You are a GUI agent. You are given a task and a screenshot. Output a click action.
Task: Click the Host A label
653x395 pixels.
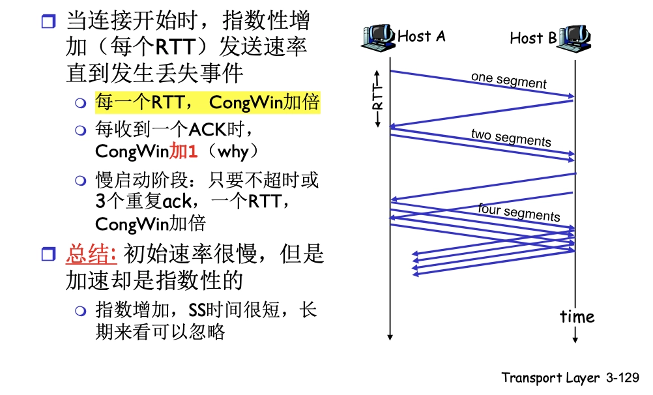[421, 36]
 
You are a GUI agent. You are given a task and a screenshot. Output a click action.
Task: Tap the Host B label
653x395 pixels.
[533, 38]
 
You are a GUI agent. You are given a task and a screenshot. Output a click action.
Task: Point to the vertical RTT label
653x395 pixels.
[377, 98]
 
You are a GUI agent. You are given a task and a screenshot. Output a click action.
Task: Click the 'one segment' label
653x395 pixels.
[508, 80]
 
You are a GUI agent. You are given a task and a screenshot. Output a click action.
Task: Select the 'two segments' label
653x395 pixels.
[510, 138]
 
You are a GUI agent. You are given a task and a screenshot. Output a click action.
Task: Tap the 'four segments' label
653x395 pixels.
[518, 212]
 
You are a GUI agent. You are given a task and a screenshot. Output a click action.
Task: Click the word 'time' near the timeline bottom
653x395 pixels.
[577, 317]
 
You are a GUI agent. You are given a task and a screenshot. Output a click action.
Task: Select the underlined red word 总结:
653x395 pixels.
[91, 253]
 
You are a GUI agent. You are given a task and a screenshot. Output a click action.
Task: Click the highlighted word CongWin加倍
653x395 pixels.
[264, 102]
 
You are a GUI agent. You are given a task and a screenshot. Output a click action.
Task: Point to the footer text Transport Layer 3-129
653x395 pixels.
[570, 377]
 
